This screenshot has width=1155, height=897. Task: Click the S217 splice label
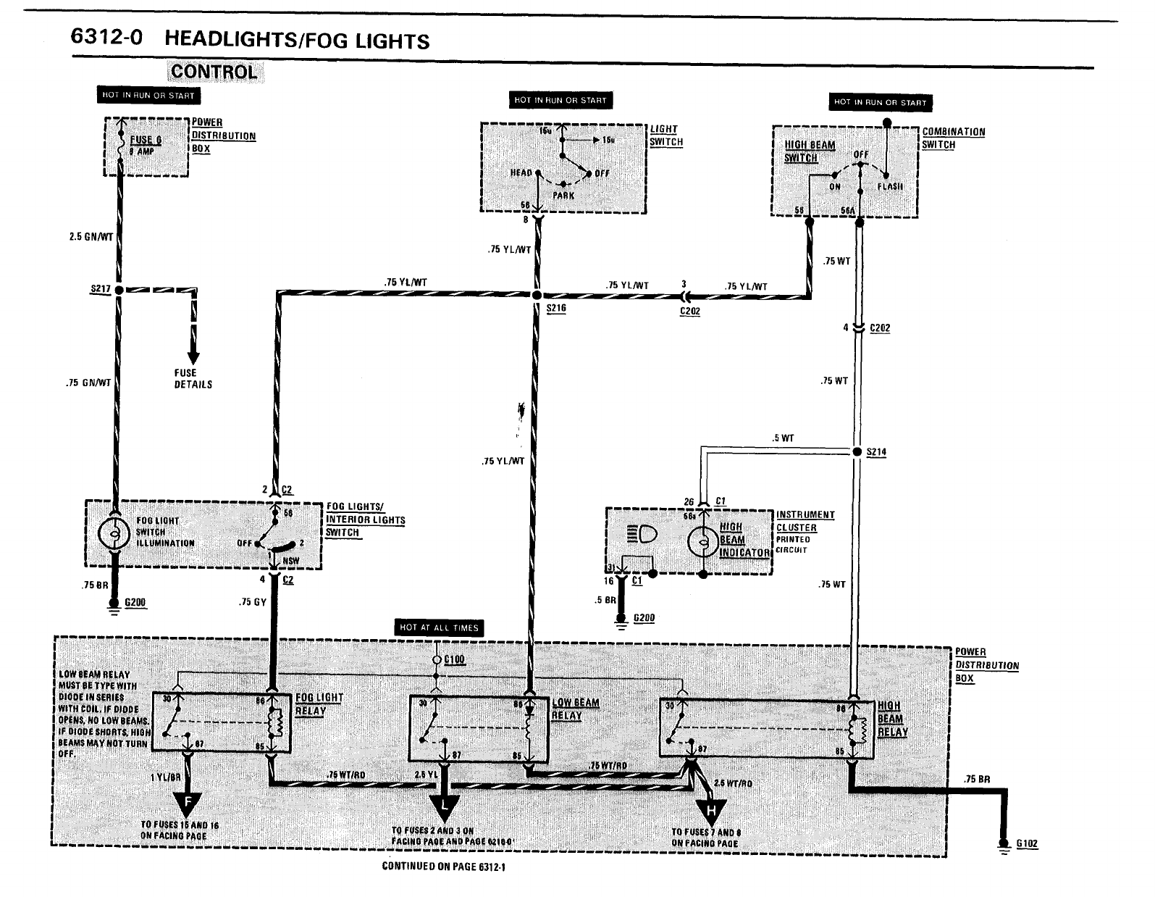(101, 289)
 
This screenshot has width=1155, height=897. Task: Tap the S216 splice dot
(537, 296)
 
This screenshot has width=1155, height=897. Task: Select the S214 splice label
(876, 452)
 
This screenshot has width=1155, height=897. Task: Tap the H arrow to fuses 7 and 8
(712, 809)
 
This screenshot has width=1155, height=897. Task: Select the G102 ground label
(1027, 843)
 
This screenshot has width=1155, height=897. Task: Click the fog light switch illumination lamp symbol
(114, 535)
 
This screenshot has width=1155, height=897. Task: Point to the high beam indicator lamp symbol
(703, 541)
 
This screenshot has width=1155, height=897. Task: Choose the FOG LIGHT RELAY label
(319, 704)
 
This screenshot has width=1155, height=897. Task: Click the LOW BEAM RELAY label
(575, 709)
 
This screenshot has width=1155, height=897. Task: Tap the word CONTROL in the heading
(214, 72)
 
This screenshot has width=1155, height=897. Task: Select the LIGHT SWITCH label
(665, 135)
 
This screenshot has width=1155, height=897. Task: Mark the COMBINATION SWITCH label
(953, 138)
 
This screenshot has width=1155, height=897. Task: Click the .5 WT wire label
(783, 438)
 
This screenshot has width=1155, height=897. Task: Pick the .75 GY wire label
(253, 602)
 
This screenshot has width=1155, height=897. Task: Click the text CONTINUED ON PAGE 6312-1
(442, 867)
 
